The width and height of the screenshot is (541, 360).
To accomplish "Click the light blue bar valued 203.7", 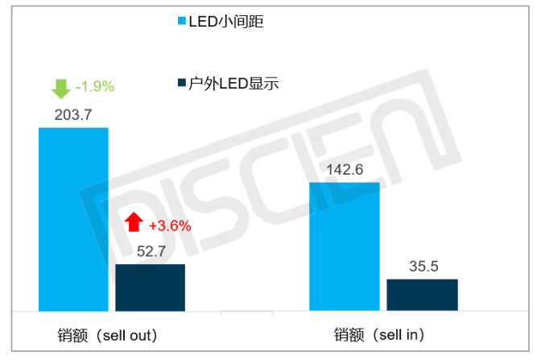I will coord(73,218).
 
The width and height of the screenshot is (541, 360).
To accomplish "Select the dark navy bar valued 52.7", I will coord(150,287).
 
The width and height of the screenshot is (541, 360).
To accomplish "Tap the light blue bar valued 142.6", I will coord(345,246).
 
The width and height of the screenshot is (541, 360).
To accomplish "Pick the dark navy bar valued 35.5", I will coord(422,294).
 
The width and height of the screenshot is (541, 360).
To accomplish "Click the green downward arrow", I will coord(60,87).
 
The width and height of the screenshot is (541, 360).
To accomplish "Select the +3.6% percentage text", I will coord(170,226).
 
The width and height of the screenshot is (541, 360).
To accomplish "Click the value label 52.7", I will coord(151,251).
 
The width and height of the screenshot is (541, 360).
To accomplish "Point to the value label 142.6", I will coord(345,169).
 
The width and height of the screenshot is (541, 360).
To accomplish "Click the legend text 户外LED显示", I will coord(233,83).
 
